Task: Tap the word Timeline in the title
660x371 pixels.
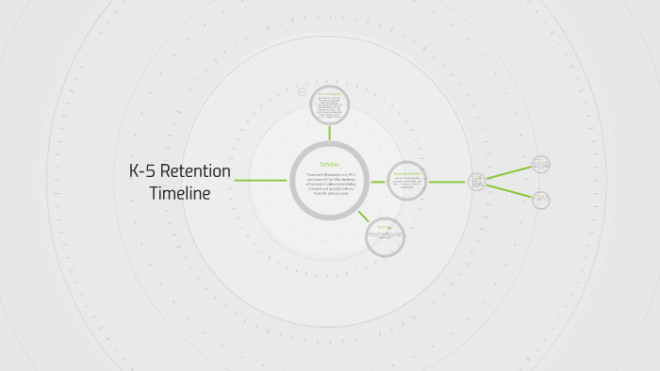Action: click(x=179, y=193)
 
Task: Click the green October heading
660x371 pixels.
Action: click(x=329, y=165)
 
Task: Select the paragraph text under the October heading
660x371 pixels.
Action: click(x=329, y=185)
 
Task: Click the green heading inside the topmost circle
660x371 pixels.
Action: click(x=329, y=94)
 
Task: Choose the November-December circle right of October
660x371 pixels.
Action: click(x=407, y=180)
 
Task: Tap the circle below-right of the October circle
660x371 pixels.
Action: click(x=384, y=235)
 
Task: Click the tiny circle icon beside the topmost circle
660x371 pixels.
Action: click(x=302, y=92)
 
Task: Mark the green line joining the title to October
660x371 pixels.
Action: click(x=260, y=180)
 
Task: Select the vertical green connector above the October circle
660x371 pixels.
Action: click(x=329, y=133)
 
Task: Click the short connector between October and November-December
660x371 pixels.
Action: click(x=378, y=181)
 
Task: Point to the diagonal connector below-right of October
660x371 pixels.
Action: click(x=363, y=216)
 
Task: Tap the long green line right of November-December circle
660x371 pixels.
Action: click(x=447, y=181)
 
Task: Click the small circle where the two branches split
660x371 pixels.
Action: click(x=477, y=181)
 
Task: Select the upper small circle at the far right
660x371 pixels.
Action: click(x=540, y=164)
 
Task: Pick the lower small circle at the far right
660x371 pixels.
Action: click(x=541, y=200)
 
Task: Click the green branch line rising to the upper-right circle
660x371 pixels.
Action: click(x=509, y=172)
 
